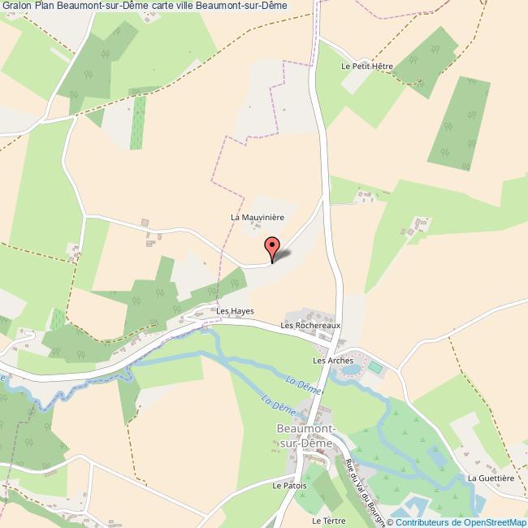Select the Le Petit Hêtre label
[x=367, y=67]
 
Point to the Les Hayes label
[x=235, y=311]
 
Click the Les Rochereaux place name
[x=309, y=326]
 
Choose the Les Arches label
[x=333, y=360]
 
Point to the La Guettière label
[x=491, y=478]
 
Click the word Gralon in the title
[x=16, y=6]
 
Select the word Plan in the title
[x=45, y=6]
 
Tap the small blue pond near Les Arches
[x=351, y=370]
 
